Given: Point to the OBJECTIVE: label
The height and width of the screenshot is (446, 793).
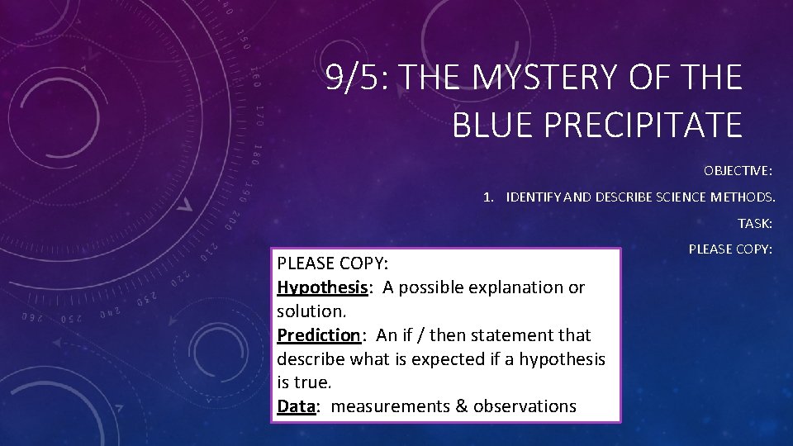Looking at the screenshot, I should tap(738, 171).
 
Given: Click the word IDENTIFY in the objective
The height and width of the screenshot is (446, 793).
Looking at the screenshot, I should tap(540, 197).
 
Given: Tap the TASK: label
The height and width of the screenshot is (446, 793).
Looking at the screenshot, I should tap(755, 223).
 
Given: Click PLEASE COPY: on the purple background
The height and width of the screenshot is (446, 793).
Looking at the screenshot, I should tap(730, 249).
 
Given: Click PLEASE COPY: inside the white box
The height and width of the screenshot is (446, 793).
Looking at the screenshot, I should tap(332, 263).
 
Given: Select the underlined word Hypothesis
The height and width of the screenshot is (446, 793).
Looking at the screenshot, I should tap(321, 287).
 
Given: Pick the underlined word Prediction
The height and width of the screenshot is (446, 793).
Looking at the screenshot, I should tap(319, 335).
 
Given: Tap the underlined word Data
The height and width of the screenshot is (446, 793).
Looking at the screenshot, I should tap(296, 406).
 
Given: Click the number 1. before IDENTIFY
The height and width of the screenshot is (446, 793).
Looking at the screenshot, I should tap(490, 197).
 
